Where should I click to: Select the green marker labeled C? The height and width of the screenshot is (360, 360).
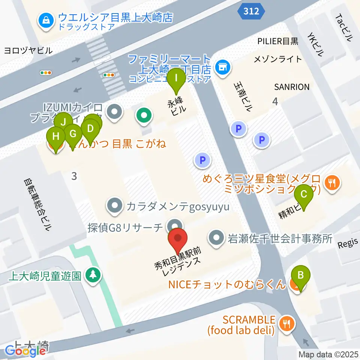[x=303, y=194]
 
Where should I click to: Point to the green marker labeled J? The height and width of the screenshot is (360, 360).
[x=64, y=121]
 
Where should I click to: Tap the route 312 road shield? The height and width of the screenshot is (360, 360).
[x=250, y=11]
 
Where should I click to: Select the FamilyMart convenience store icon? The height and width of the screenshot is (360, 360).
[x=223, y=68]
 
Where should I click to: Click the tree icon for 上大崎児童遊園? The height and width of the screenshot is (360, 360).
[x=92, y=276]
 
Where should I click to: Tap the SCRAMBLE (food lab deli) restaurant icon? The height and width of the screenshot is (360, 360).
[x=287, y=322]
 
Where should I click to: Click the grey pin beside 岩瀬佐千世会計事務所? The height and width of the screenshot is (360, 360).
[x=217, y=238]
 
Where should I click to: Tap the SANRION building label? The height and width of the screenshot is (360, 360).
[x=292, y=87]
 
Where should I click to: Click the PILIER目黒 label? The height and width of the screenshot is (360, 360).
[x=278, y=41]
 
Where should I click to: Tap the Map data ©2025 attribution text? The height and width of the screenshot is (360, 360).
[x=328, y=354]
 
